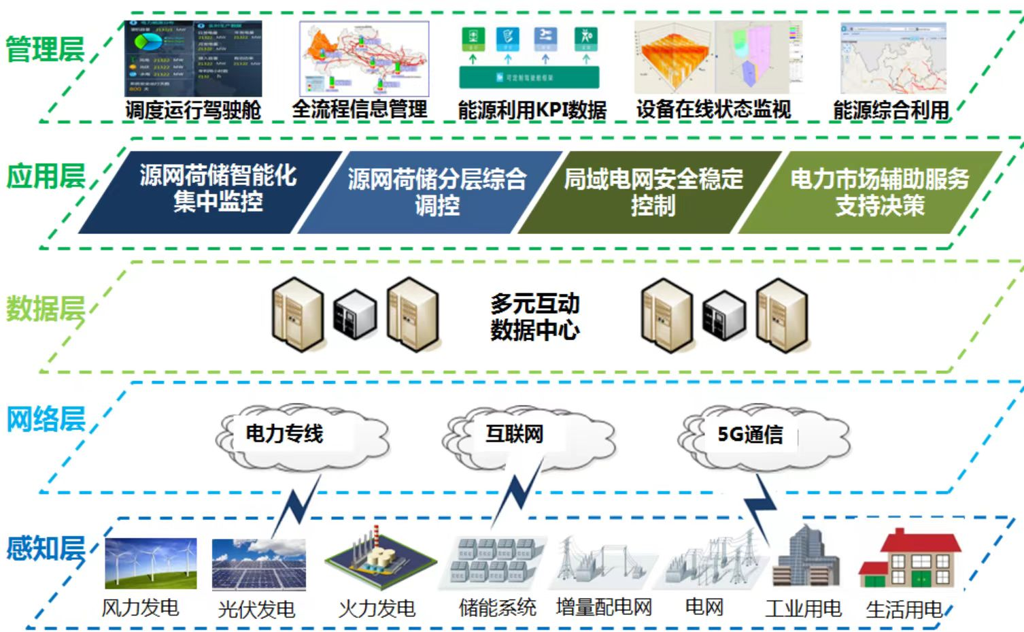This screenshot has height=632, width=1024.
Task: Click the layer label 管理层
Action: [45, 50]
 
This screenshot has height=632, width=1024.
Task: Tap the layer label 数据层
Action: [45, 309]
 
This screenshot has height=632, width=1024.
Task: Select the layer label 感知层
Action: [45, 548]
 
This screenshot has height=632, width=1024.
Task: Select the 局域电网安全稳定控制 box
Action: [653, 192]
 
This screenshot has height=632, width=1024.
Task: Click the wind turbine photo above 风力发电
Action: [150, 563]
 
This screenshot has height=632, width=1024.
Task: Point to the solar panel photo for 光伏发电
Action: [258, 565]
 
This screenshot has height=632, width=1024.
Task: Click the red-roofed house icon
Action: [910, 559]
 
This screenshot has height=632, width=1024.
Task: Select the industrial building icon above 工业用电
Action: [806, 558]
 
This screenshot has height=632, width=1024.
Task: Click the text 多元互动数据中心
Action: [534, 316]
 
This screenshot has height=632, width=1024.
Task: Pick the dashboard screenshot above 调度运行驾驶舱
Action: [193, 59]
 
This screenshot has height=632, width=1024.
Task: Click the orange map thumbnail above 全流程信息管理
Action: [364, 59]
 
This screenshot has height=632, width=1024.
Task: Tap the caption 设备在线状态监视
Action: [713, 110]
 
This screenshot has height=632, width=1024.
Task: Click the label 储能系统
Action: [497, 608]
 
